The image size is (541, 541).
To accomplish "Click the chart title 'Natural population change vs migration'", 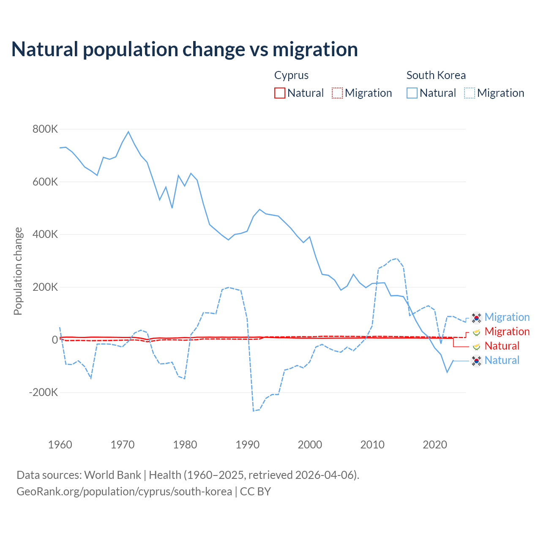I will [x=185, y=49].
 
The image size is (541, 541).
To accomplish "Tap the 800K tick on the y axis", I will [x=45, y=129].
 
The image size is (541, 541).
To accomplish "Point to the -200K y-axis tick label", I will [x=44, y=392].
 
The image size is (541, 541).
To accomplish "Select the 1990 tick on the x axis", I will [x=248, y=445].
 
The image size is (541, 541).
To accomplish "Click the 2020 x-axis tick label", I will [x=435, y=445].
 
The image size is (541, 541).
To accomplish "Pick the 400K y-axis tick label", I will [x=45, y=234].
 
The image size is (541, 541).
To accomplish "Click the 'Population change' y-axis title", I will [x=18, y=271].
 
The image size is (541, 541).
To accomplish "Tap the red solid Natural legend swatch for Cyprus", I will [x=280, y=93].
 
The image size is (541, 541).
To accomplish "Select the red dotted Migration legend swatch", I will [x=337, y=93].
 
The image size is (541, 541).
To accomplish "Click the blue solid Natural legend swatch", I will [x=412, y=93].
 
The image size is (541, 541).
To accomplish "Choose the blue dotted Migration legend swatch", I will [x=470, y=93].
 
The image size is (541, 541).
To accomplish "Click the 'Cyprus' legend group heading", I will [x=291, y=75].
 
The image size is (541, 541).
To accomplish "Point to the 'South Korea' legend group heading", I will [x=436, y=75].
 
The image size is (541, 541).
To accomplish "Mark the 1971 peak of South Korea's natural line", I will [x=128, y=132].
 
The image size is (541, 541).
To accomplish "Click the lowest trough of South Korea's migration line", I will [x=254, y=410].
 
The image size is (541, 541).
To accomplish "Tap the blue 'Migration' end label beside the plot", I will [x=507, y=317].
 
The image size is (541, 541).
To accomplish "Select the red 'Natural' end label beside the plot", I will [x=502, y=346].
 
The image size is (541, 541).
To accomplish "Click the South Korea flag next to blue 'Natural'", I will [x=476, y=361].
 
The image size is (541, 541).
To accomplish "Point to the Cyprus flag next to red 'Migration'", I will [x=476, y=332].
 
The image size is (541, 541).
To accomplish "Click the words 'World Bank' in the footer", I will [x=112, y=475].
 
